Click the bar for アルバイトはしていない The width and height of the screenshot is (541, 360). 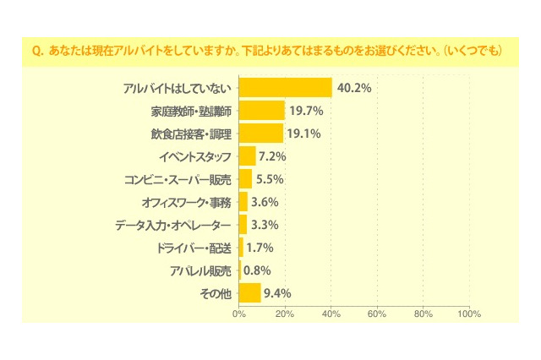click(285, 88)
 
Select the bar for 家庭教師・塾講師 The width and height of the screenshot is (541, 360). click(262, 111)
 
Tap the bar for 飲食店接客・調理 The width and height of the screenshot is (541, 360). click(261, 134)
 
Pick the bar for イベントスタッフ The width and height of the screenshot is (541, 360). click(248, 156)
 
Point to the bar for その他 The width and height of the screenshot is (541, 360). click(250, 293)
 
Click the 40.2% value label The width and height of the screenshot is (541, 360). click(354, 88)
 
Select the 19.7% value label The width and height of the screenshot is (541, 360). click(306, 111)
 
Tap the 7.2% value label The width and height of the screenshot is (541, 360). click(273, 156)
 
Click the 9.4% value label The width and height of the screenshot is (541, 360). click(278, 293)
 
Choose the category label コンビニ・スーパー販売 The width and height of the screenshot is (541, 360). click(178, 179)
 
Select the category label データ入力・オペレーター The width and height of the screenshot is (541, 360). click(172, 225)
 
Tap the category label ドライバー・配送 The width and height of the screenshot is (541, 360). click(194, 248)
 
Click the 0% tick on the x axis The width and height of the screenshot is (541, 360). click(239, 314)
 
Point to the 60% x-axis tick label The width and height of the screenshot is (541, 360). click(377, 314)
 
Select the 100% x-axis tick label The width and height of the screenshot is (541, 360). click(468, 314)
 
